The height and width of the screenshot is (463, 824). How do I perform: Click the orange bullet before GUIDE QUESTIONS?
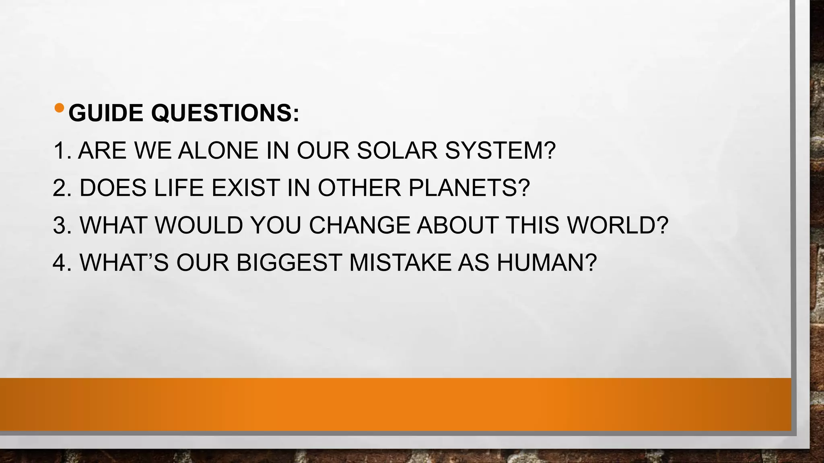pos(59,108)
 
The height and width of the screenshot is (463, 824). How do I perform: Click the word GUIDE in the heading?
pos(106,113)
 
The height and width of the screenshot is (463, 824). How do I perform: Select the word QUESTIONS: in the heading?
pos(225,113)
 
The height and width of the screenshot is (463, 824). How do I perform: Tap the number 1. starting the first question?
pos(62,151)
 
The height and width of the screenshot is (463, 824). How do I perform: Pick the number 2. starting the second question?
pos(62,188)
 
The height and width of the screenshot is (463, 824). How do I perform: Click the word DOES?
pos(113,188)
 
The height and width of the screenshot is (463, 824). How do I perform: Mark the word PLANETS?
pos(469,188)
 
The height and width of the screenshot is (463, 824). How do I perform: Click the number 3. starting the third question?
pos(62,225)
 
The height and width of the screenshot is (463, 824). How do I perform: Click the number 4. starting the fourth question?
pos(62,262)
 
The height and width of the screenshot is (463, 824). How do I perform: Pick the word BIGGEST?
pos(289,262)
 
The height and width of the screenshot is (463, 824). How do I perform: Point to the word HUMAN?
pos(547,262)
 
